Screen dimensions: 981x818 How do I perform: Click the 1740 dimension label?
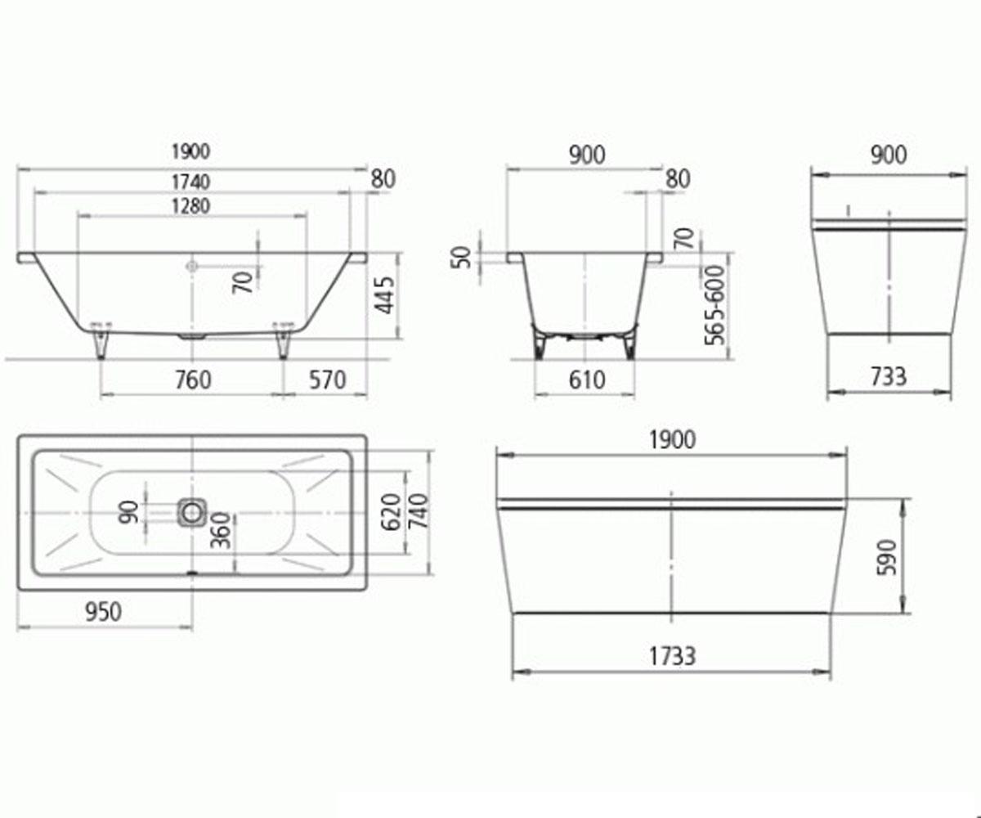190,182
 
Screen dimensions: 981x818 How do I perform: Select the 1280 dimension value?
190,206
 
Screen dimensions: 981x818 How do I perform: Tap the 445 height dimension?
385,294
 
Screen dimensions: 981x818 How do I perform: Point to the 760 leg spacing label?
193,380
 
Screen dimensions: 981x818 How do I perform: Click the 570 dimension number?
328,380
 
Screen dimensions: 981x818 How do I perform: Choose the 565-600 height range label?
715,306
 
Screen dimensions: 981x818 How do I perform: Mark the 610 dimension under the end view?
587,380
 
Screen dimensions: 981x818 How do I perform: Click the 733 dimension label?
889,376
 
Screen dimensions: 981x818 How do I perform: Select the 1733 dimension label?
672,656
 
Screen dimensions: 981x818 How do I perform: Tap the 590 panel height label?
887,558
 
